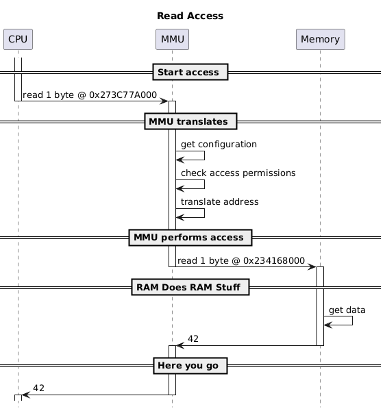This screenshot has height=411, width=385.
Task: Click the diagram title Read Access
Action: pyautogui.click(x=190, y=16)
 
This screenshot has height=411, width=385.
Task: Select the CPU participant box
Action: pyautogui.click(x=18, y=39)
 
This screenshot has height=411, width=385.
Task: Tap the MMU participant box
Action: pyautogui.click(x=172, y=39)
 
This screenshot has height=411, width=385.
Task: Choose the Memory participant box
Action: pyautogui.click(x=321, y=39)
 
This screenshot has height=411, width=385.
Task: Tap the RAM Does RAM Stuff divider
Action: pyautogui.click(x=190, y=287)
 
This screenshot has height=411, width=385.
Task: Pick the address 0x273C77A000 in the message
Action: pyautogui.click(x=123, y=95)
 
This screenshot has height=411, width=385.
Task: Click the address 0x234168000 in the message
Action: pyautogui.click(x=274, y=260)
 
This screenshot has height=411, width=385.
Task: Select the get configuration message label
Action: pyautogui.click(x=219, y=144)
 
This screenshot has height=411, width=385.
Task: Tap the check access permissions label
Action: pyautogui.click(x=238, y=173)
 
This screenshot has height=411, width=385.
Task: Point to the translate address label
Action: pyautogui.click(x=220, y=202)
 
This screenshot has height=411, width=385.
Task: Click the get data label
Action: pyautogui.click(x=347, y=310)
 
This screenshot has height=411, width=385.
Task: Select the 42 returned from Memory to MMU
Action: pyautogui.click(x=193, y=338)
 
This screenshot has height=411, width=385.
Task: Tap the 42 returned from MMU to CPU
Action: pyautogui.click(x=39, y=388)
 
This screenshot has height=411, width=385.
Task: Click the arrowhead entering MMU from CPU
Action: pyautogui.click(x=164, y=101)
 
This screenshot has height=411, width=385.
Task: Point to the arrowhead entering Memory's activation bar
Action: pyautogui.click(x=312, y=267)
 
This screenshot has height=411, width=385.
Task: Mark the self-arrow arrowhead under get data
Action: pyautogui.click(x=328, y=325)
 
